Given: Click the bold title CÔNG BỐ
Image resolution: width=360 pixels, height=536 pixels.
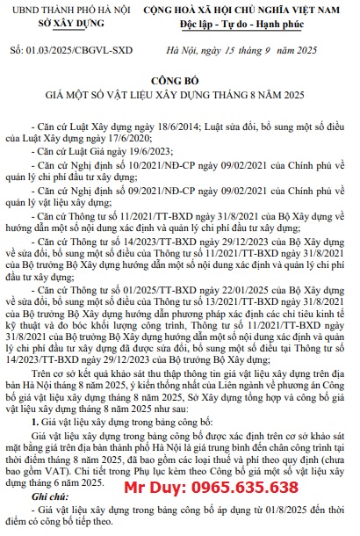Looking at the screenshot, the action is point(178,76).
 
